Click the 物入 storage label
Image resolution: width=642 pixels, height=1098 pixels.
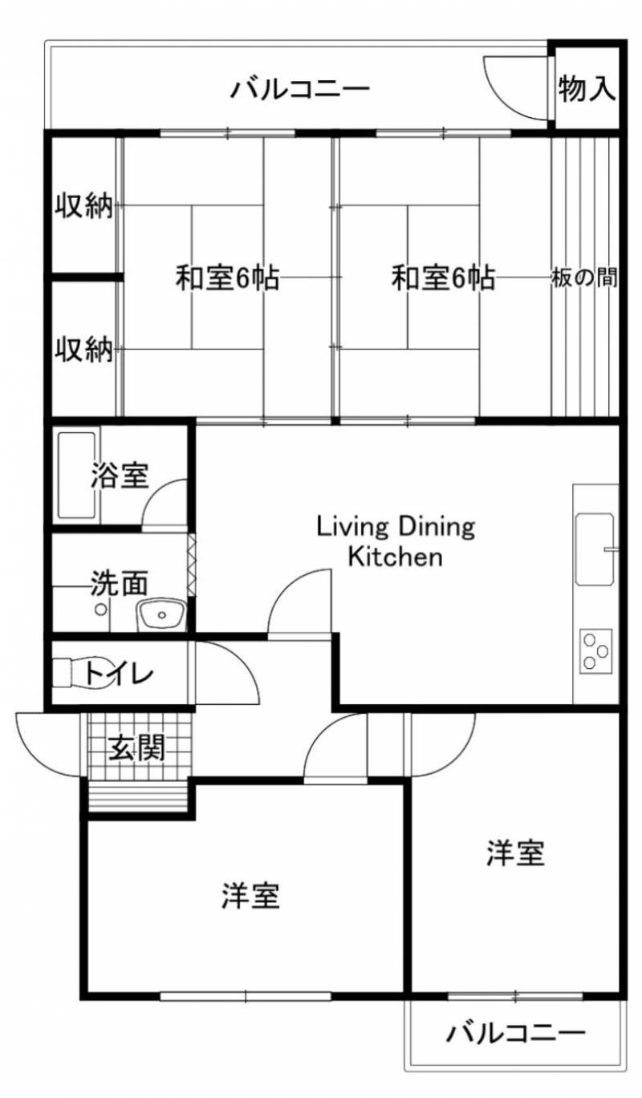[587, 88]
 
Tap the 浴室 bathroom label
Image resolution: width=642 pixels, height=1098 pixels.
[120, 475]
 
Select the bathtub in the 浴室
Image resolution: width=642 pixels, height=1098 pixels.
[77, 475]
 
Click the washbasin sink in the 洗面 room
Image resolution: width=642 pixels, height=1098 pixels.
[162, 614]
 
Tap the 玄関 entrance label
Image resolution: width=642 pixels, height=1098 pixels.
[136, 748]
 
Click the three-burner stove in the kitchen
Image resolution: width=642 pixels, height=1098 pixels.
[596, 651]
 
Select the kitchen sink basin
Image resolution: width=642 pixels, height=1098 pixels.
[595, 549]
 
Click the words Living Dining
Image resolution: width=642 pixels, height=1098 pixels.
[396, 527]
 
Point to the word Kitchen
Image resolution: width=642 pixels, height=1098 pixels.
[396, 557]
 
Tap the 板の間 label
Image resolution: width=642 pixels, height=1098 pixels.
[584, 278]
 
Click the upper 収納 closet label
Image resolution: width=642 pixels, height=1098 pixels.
[83, 205]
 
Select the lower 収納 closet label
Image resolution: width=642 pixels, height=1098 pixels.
[83, 349]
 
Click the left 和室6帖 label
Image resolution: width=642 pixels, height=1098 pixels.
[228, 278]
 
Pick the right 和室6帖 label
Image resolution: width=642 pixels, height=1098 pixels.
[443, 278]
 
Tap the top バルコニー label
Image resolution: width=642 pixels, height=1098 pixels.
[300, 89]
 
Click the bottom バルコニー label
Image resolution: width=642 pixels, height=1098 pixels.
[515, 1020]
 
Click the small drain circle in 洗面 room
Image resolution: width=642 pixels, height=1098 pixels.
[101, 610]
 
